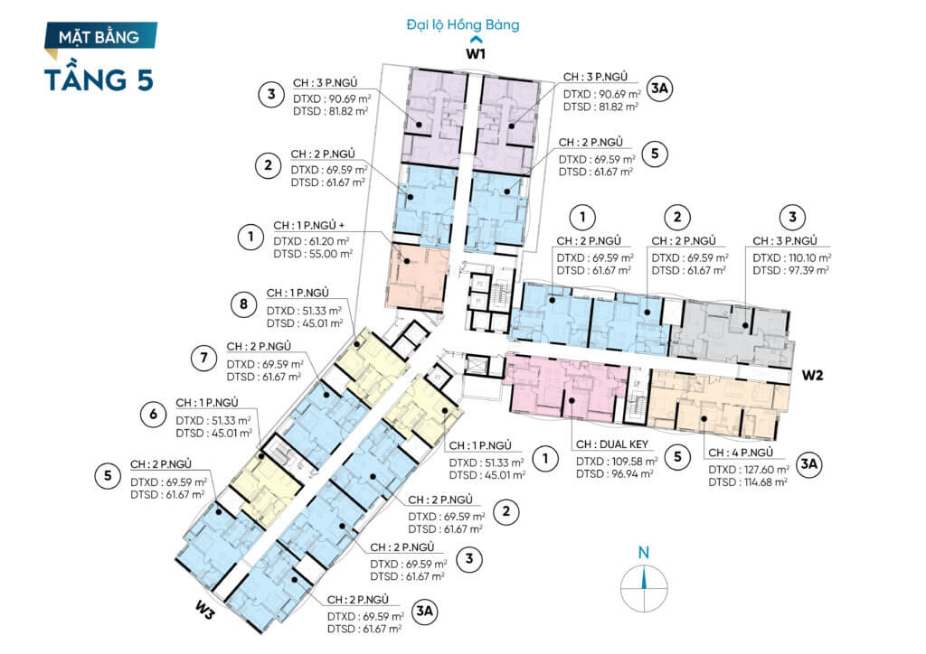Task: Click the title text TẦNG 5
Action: point(99,79)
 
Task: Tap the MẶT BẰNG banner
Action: point(100,36)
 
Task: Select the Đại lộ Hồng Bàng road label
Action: point(462,24)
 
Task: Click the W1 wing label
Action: point(476,53)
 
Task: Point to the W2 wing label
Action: point(812,375)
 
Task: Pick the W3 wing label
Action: point(205,612)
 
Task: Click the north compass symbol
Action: point(644,580)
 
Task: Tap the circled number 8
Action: point(243,305)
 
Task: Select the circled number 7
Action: point(203,358)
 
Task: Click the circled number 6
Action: point(153,414)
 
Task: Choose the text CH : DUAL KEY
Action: point(612,444)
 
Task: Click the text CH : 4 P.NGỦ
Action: point(741,453)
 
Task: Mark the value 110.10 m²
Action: point(809,257)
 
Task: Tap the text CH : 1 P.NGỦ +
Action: point(309,225)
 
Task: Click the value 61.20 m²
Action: point(329,241)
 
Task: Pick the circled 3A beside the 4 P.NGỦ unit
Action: point(808,464)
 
